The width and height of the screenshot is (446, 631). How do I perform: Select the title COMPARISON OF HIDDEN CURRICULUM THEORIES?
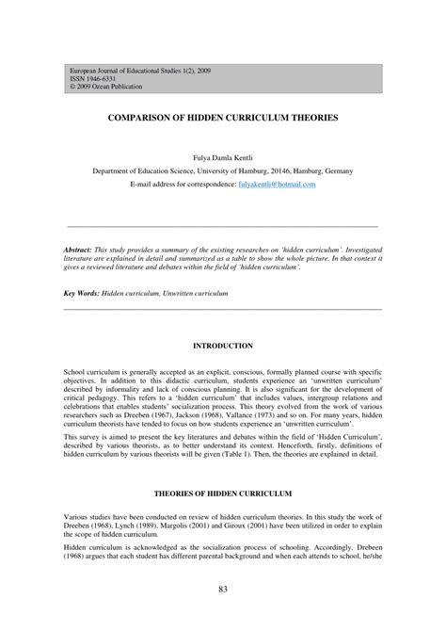(x=222, y=121)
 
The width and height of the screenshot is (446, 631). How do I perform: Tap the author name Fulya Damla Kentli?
(x=222, y=157)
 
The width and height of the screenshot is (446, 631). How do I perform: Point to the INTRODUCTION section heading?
(x=222, y=347)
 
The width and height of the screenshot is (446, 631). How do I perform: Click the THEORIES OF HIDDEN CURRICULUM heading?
(x=222, y=493)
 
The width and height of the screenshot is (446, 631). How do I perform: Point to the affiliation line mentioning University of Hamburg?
(x=222, y=171)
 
